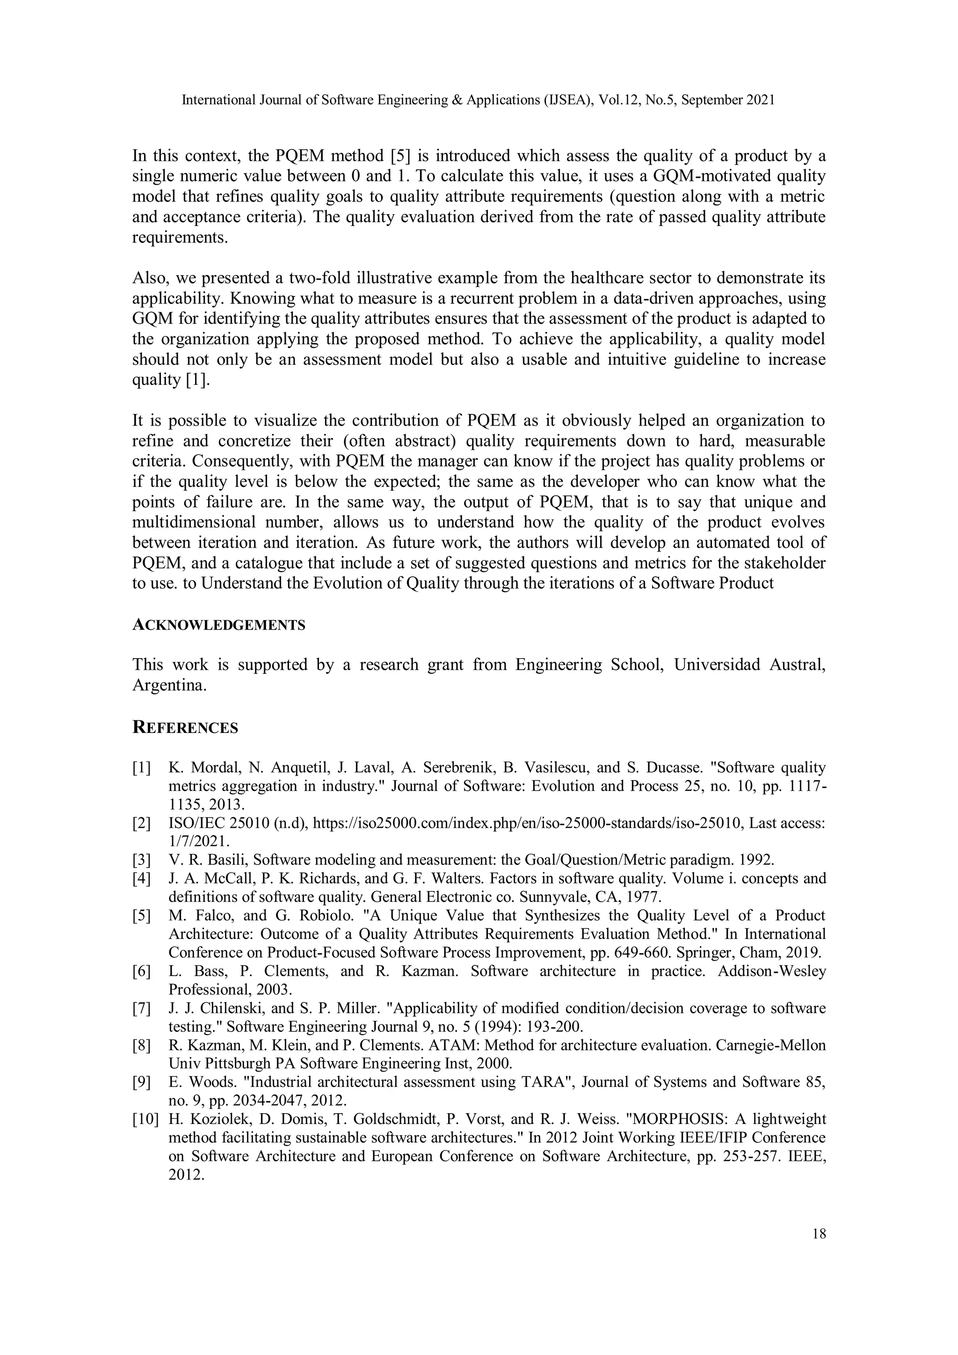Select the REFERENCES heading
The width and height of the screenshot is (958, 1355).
coord(185,728)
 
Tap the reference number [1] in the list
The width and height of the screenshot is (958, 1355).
coord(141,768)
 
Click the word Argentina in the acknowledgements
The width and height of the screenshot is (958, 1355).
coord(169,685)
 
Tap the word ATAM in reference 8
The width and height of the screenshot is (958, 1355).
coord(449,1045)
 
